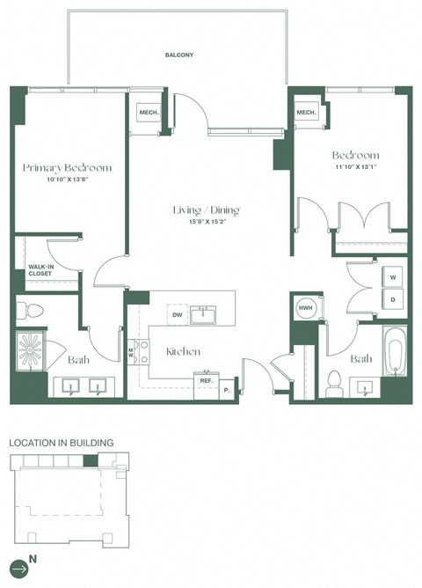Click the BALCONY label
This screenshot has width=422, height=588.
coord(178,55)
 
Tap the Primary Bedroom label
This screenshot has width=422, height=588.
coord(67,167)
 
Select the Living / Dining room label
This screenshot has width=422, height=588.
coord(207,210)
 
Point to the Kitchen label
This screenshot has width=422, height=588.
coord(183,351)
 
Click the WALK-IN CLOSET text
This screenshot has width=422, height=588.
coord(40,269)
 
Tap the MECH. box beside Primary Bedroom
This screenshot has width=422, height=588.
coord(146,114)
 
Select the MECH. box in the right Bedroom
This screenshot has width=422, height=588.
coord(306,114)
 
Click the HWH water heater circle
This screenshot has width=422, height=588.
coord(306,307)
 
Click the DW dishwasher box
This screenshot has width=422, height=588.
coord(178,313)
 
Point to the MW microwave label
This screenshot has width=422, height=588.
coord(132,353)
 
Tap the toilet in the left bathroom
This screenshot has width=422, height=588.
coord(30,310)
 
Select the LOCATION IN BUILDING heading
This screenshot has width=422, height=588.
coord(61,443)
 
